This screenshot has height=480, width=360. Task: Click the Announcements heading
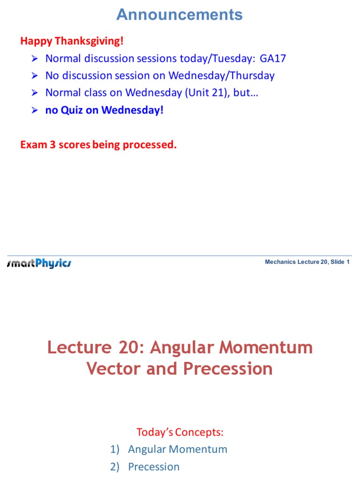click(180, 15)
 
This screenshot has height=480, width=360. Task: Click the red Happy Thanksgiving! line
click(72, 41)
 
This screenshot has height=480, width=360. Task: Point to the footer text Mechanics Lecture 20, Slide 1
click(307, 262)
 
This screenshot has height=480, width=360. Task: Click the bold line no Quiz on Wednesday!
click(105, 111)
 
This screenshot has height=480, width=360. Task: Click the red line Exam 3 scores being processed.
click(98, 145)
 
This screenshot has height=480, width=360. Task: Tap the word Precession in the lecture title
click(228, 368)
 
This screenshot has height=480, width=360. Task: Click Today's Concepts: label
click(180, 432)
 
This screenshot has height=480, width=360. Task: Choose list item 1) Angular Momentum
click(169, 449)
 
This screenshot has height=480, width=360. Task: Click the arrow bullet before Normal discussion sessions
click(34, 59)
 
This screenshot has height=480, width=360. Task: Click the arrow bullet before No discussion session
click(34, 76)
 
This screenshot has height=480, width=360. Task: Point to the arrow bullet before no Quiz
click(34, 111)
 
